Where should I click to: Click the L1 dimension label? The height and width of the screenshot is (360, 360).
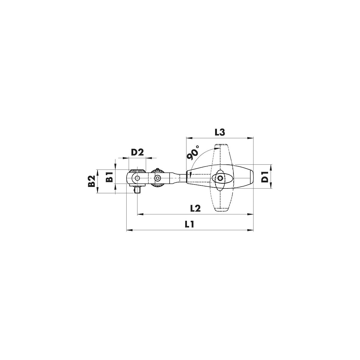(189, 224)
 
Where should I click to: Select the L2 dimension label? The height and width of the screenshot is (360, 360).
(195, 208)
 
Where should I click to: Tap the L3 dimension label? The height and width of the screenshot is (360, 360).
(220, 133)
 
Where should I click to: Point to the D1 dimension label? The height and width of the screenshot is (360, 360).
(265, 177)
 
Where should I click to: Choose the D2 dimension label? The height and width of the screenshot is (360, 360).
(137, 152)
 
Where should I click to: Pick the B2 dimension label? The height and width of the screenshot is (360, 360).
(91, 181)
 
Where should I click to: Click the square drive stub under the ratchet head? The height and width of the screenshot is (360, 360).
(138, 190)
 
